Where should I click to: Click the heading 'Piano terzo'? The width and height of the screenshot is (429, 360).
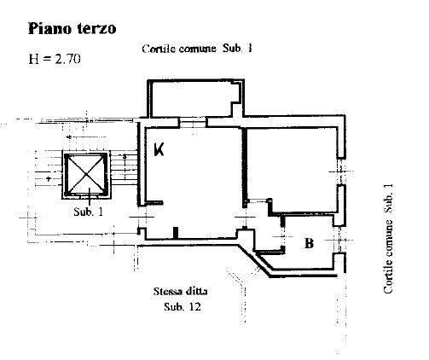(x=72, y=28)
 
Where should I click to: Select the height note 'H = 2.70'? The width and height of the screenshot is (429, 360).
(x=55, y=59)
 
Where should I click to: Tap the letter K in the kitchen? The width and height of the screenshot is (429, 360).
(x=159, y=149)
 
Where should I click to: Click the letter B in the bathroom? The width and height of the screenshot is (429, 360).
(x=309, y=244)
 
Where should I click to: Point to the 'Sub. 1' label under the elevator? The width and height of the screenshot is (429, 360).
(x=88, y=212)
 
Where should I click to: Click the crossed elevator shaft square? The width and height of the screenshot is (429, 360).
(x=86, y=174)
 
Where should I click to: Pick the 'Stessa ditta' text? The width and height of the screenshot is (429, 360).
(x=181, y=292)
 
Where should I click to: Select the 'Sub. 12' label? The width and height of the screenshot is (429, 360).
(x=183, y=307)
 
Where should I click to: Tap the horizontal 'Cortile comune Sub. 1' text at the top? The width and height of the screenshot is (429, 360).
(x=197, y=49)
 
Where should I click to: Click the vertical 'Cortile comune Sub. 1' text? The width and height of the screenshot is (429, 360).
(x=388, y=239)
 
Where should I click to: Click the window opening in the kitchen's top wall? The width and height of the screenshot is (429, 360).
(x=193, y=123)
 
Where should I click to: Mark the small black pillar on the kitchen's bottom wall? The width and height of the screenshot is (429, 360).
(x=176, y=232)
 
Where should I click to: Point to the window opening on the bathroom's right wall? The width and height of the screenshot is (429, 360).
(x=339, y=240)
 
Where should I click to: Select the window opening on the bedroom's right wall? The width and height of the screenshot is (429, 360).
(x=341, y=171)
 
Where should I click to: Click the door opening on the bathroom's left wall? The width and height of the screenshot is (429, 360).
(x=282, y=236)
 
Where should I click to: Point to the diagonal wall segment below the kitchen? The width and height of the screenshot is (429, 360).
(x=254, y=260)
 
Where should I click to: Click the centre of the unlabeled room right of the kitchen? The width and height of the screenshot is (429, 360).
(x=292, y=169)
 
